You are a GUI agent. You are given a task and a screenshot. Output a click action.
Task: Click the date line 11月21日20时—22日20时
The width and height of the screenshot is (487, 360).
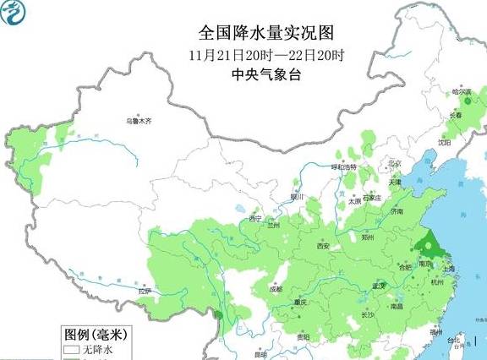tap(267, 55)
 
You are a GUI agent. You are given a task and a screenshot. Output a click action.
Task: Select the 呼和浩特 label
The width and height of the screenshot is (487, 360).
tap(344, 167)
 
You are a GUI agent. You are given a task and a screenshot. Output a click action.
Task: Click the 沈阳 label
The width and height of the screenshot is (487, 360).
tap(445, 143)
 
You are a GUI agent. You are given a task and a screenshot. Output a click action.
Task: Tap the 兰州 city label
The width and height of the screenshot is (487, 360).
tap(273, 226)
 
